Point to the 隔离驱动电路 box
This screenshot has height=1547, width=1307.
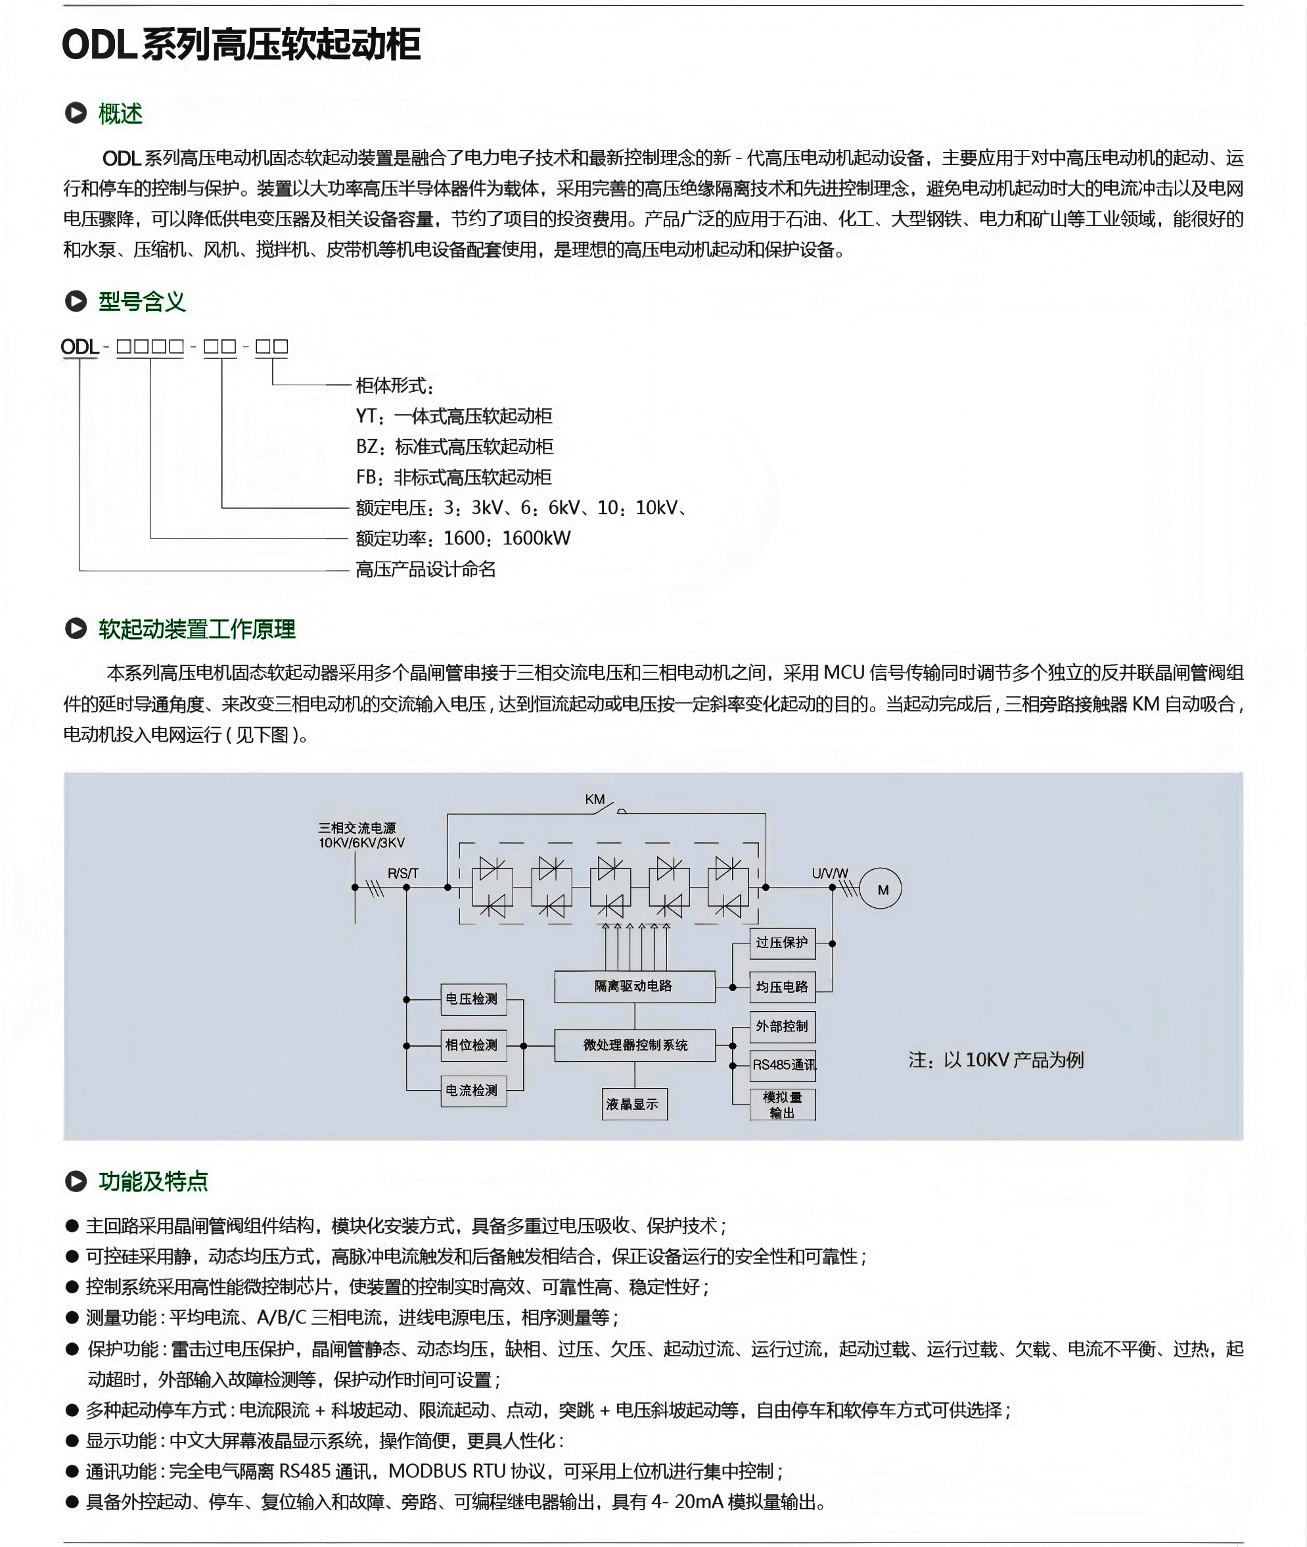634,986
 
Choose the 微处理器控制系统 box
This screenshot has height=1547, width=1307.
634,1045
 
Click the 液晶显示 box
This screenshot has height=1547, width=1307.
634,1104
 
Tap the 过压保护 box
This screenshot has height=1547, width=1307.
783,943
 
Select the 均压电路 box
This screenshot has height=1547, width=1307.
783,987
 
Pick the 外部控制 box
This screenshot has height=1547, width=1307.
783,1027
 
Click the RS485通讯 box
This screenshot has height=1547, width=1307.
783,1065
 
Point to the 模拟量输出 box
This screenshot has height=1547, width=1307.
783,1105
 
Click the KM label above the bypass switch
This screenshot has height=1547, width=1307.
594,800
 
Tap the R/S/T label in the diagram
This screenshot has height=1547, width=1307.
403,873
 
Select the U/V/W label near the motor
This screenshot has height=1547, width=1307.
830,873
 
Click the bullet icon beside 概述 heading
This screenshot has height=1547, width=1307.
76,114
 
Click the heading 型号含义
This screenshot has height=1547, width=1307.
141,302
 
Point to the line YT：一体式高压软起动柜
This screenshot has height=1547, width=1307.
453,416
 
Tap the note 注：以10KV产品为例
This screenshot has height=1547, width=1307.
996,1060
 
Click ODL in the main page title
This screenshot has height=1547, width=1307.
99,45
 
